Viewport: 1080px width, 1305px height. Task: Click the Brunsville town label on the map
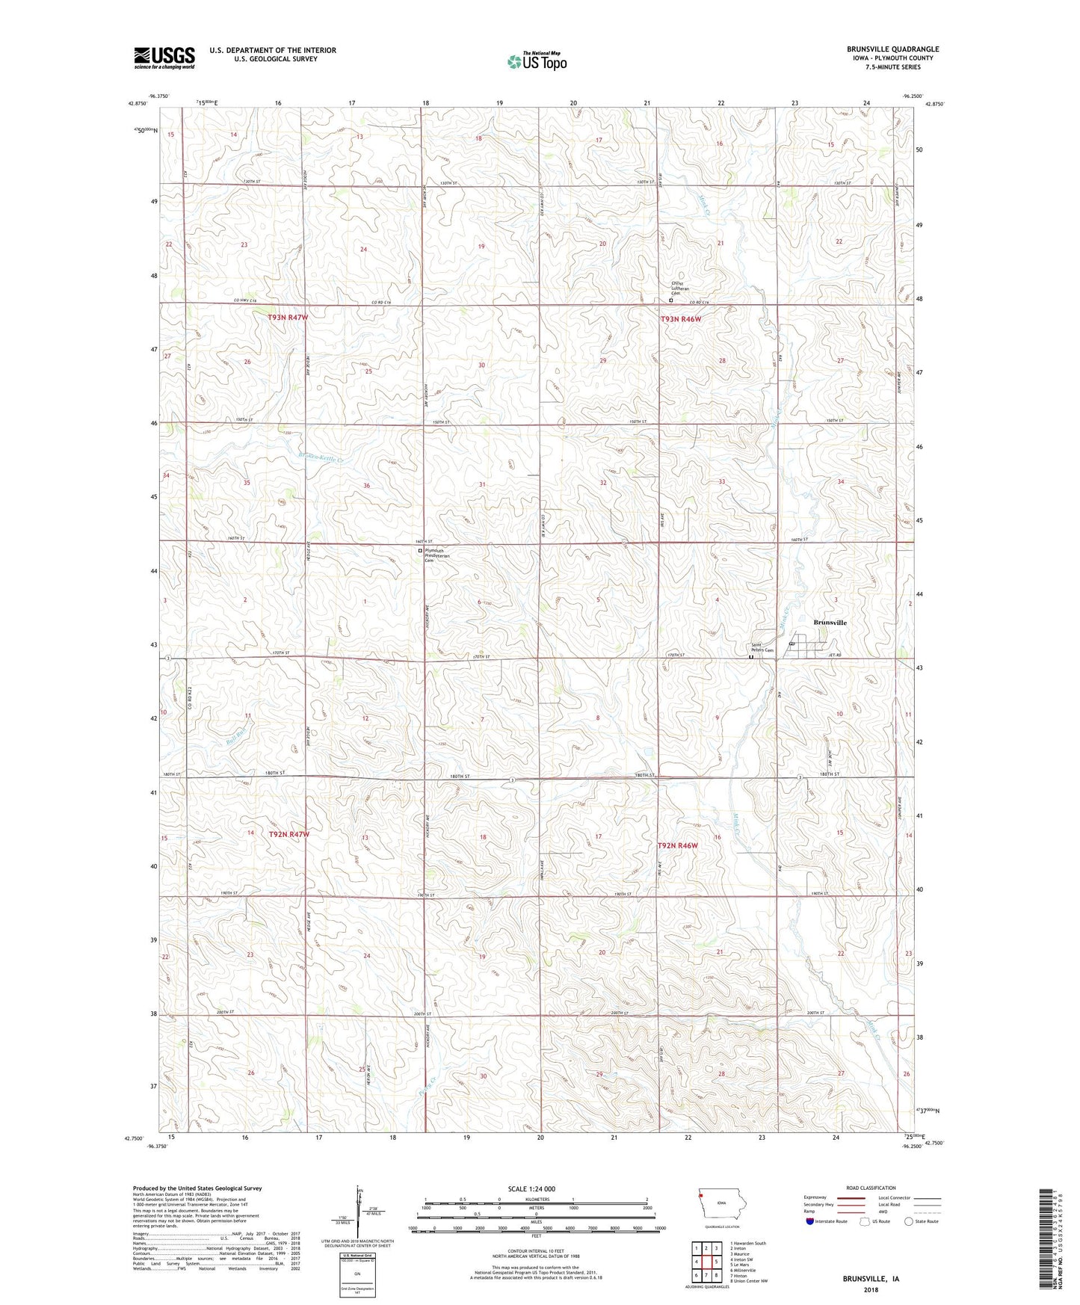(830, 622)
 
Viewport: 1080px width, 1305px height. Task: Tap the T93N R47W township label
(288, 318)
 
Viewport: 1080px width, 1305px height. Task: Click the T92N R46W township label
(677, 845)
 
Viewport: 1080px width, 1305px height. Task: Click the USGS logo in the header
(164, 58)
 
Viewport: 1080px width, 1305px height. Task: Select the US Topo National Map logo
(537, 61)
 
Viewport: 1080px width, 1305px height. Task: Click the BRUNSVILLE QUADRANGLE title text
(892, 49)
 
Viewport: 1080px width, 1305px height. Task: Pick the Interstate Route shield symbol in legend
(809, 1221)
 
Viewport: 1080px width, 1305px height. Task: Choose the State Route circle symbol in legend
(909, 1221)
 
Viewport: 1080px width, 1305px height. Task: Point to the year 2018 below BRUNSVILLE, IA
(871, 1289)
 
